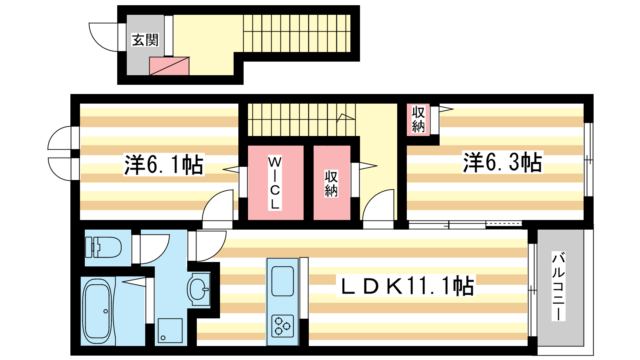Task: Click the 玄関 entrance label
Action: (145, 40)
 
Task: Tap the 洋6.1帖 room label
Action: (164, 165)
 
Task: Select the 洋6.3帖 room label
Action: (502, 162)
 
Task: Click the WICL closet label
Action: (274, 183)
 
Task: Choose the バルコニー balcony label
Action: (558, 286)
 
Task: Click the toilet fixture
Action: (103, 247)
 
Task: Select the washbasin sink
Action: (198, 289)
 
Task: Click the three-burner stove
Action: (282, 326)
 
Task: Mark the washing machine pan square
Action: (170, 330)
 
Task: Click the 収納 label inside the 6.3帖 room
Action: (418, 119)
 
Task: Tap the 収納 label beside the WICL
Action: (332, 184)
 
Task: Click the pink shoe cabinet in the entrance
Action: (169, 66)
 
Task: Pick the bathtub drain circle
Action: (106, 311)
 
